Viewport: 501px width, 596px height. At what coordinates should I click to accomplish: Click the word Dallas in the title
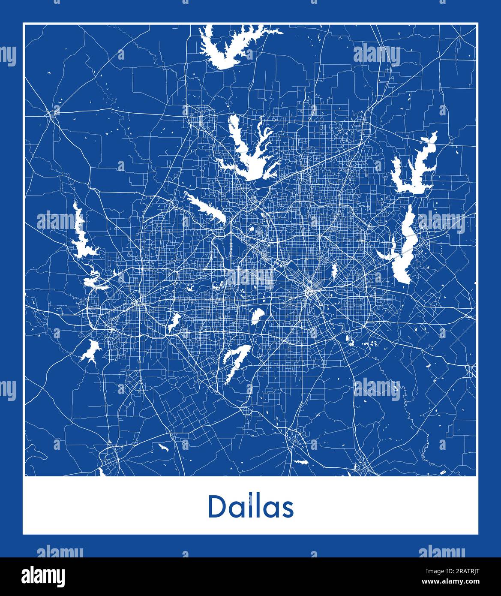coord(251,507)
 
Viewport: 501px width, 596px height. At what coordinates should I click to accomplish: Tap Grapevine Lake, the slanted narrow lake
coord(206,208)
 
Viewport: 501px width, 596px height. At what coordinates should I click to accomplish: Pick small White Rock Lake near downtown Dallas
coord(334,270)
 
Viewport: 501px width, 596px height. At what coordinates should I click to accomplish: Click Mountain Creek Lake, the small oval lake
coord(257,316)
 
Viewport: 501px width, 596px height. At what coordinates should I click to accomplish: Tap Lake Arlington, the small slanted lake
coord(174,322)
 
